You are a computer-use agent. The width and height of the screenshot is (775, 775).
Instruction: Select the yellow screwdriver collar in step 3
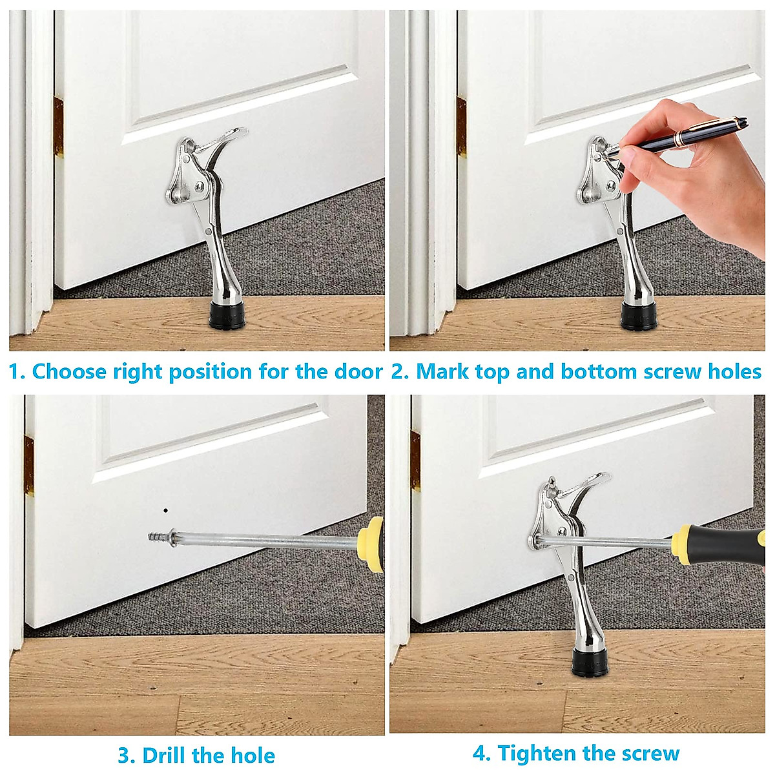[x=368, y=541]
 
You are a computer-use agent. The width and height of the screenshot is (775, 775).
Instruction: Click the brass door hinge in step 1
[x=58, y=128]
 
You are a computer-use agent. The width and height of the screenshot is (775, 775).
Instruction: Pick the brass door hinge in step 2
[x=461, y=128]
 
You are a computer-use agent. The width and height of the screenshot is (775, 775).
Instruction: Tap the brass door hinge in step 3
[x=29, y=462]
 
